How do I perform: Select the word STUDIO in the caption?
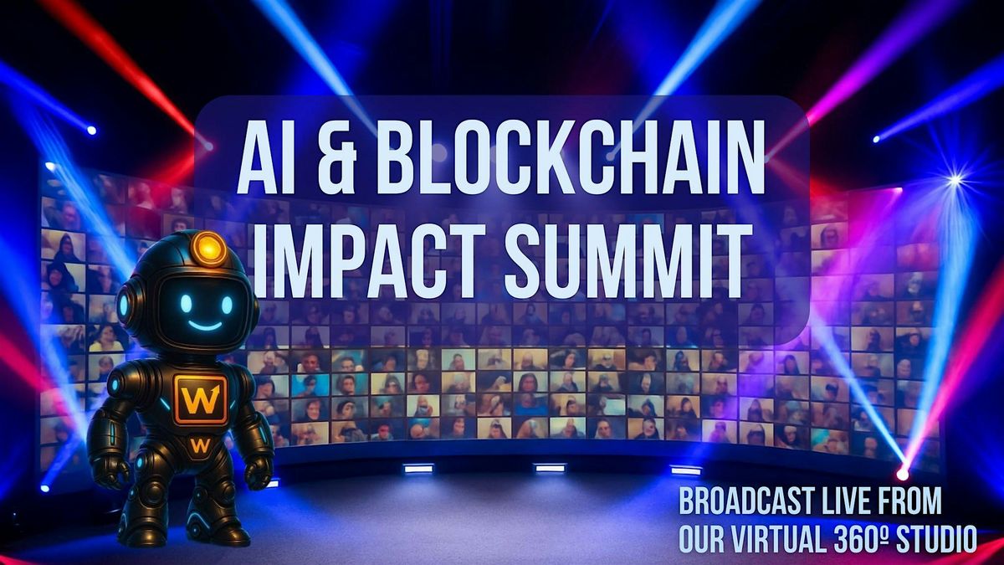pos(936,539)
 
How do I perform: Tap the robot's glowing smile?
pos(204,325)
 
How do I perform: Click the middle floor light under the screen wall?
pos(550,468)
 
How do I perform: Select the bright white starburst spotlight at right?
pos(954,179)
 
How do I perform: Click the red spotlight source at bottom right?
pos(902,474)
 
